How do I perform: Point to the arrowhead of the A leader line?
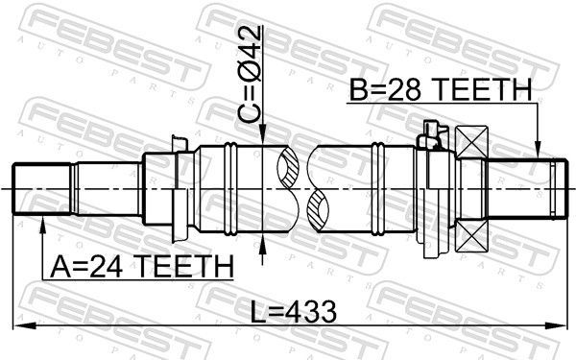(43, 222)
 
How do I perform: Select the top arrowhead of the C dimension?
(263, 138)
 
